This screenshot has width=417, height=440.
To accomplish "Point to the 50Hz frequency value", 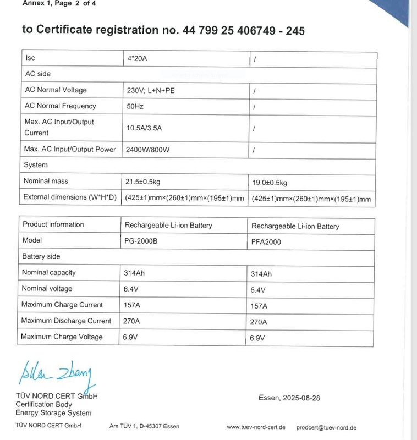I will pyautogui.click(x=135, y=106).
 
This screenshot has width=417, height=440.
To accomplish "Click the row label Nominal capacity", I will pyautogui.click(x=48, y=272).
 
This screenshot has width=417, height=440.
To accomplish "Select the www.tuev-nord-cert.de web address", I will pyautogui.click(x=255, y=427).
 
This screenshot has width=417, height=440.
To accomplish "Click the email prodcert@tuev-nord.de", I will pyautogui.click(x=326, y=427).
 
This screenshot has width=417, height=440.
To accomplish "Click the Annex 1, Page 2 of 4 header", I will pyautogui.click(x=54, y=3).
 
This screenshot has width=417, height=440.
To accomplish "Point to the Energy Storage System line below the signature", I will pyautogui.click(x=53, y=413).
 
